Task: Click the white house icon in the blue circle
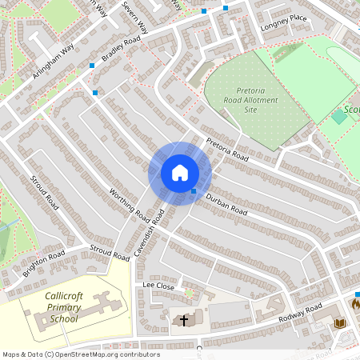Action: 180,173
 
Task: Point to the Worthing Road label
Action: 130,203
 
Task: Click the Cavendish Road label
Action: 150,233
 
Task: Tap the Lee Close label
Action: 158,285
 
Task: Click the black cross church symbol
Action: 184,320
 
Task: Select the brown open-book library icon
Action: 339,322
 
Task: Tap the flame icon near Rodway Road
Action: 356,304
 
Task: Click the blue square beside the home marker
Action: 194,191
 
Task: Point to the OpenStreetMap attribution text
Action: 80,354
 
